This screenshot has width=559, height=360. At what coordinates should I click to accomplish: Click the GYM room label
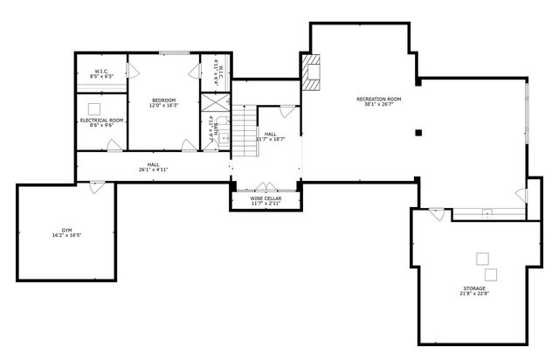67,229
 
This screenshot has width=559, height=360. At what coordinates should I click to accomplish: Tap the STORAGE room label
475,287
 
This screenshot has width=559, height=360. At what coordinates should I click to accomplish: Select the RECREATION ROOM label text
377,99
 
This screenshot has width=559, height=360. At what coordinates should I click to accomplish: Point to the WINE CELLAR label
266,198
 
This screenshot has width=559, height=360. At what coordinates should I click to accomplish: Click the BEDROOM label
163,100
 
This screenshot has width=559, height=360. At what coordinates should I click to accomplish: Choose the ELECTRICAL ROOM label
102,120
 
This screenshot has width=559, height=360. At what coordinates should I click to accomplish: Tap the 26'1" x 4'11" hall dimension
153,170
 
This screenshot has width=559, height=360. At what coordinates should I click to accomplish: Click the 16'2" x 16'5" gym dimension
67,235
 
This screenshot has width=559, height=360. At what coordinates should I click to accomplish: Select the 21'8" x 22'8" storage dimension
475,294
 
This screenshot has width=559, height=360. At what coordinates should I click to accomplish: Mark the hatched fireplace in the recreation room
312,73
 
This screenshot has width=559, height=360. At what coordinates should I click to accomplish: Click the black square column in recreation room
419,132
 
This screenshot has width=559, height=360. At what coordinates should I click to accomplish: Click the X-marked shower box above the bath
210,101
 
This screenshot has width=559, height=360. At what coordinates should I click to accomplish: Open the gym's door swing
97,184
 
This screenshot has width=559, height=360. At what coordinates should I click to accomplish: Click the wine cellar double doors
266,186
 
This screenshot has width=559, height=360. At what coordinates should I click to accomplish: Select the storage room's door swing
437,211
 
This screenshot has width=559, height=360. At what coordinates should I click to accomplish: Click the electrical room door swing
114,146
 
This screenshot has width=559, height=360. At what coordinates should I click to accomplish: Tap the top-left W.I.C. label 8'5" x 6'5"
102,74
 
